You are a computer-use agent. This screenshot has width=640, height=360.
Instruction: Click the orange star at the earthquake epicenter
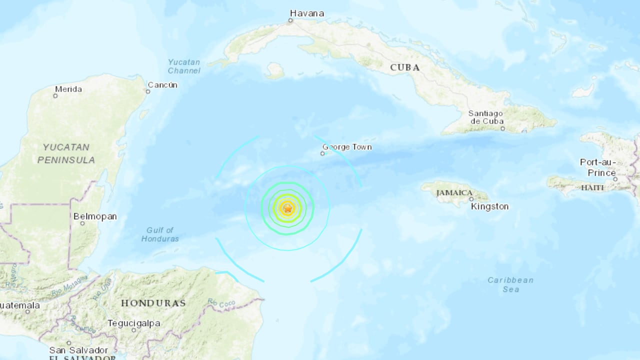[287, 208]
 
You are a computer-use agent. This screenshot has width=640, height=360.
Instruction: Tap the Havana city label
[307, 13]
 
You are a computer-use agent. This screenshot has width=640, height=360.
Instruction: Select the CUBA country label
[404, 67]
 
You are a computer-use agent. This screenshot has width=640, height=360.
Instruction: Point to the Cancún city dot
[148, 91]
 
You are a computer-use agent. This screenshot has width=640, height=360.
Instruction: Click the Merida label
[68, 89]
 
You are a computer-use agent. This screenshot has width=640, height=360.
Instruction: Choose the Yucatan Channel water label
[184, 66]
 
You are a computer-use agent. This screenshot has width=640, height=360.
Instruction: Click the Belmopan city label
[95, 216]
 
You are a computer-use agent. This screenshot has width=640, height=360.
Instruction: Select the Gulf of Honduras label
[160, 234]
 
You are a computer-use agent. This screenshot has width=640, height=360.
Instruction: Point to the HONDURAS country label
[153, 303]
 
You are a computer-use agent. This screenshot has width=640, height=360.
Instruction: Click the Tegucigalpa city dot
[133, 330]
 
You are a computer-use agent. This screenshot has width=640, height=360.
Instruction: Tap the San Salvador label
[78, 350]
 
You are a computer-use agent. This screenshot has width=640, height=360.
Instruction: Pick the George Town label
[347, 147]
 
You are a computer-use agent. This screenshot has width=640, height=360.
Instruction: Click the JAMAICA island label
[454, 192]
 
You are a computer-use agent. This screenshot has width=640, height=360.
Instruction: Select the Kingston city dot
[471, 199]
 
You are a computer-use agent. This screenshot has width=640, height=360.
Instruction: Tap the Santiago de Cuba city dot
[502, 129]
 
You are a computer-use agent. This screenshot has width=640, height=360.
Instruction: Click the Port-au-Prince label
[598, 167]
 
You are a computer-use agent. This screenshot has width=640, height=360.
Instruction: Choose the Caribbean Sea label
[510, 284]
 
